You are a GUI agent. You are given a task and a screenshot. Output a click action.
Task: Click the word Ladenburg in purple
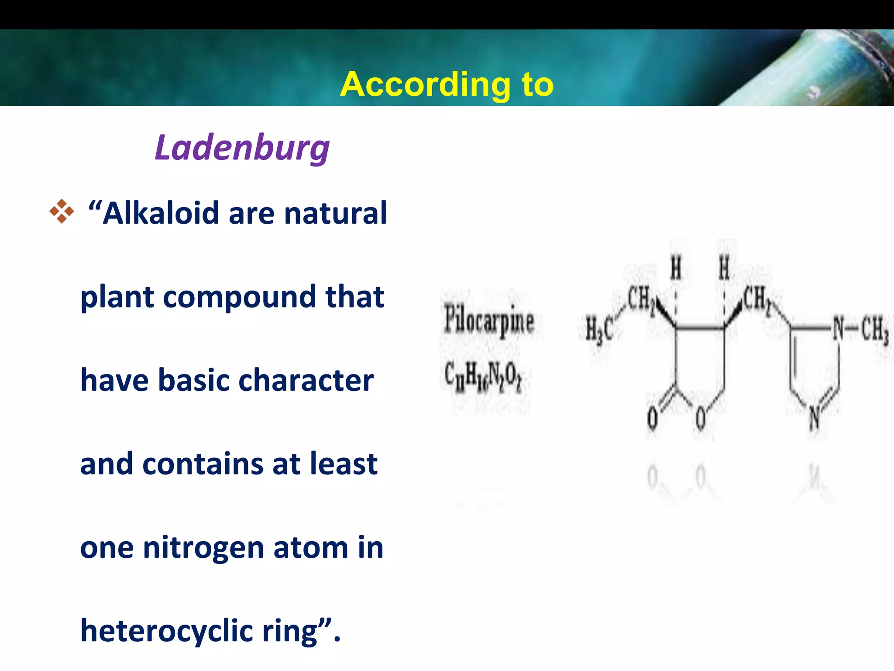click(x=242, y=148)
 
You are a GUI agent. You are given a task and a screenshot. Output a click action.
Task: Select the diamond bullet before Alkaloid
click(x=62, y=211)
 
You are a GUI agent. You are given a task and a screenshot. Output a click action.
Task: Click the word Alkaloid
click(x=161, y=213)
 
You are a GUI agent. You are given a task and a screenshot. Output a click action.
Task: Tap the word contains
click(x=203, y=464)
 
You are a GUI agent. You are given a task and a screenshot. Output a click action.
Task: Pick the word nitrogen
click(x=203, y=547)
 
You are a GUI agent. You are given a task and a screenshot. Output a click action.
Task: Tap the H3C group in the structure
click(x=599, y=330)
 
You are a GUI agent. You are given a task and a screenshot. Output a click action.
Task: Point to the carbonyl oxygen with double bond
click(x=652, y=418)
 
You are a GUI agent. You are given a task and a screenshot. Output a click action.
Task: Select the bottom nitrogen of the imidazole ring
click(x=814, y=418)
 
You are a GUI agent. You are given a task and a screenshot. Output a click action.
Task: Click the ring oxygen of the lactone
click(x=701, y=418)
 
